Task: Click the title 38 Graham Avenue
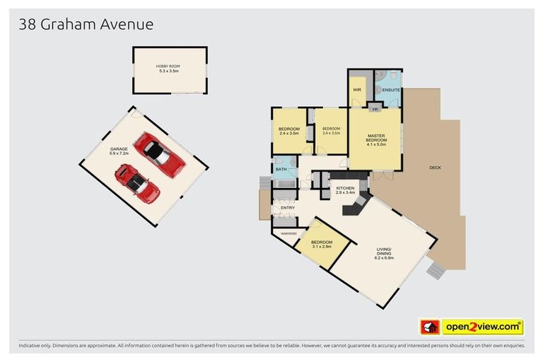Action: pos(86,24)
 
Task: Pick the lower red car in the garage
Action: pos(137,182)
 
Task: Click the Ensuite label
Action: pos(391,90)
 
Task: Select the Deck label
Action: pos(436,168)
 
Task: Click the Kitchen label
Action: pos(345,188)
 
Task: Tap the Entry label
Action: pos(288,207)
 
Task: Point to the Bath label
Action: pos(281,169)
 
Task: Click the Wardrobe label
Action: pos(288,233)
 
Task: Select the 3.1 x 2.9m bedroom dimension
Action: pos(321,247)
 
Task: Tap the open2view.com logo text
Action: pos(483,327)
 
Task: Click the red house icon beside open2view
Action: pos(430,327)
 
